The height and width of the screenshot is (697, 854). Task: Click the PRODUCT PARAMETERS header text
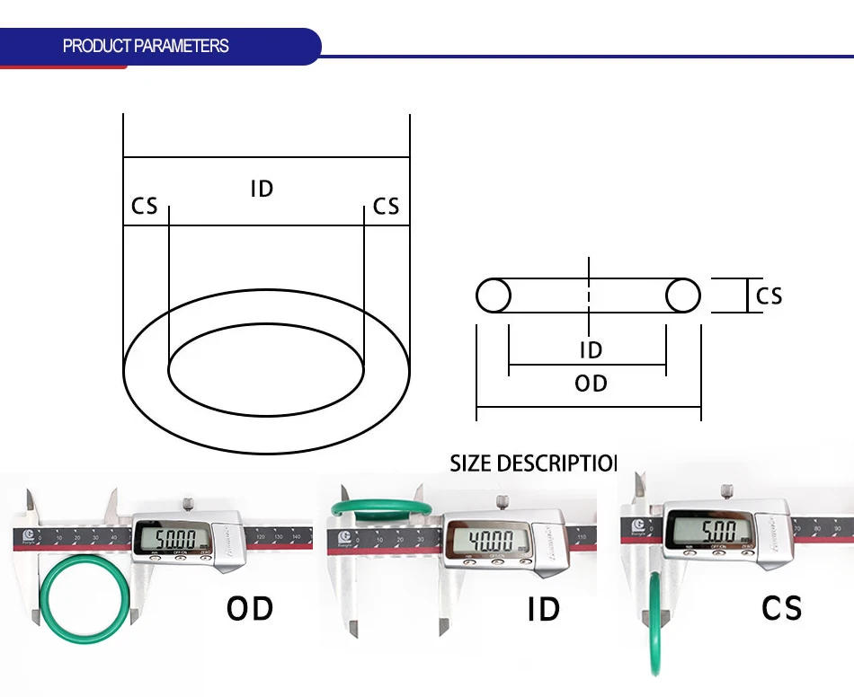[x=146, y=46]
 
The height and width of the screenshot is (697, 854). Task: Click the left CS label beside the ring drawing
[x=145, y=207]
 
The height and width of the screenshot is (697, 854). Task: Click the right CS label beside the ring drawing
[x=386, y=207]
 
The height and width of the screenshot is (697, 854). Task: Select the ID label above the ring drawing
[x=262, y=189]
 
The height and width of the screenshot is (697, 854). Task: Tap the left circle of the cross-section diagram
[x=494, y=296]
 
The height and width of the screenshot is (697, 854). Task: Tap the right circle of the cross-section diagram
[x=682, y=296]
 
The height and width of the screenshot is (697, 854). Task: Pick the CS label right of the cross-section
[x=769, y=296]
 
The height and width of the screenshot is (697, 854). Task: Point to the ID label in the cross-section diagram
[x=591, y=350]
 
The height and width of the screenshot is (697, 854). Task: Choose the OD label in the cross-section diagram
[x=591, y=384]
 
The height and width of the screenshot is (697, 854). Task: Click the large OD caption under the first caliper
[x=250, y=609]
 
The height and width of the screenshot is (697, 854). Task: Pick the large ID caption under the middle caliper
[x=544, y=610]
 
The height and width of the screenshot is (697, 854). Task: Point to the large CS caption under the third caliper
[x=781, y=608]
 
